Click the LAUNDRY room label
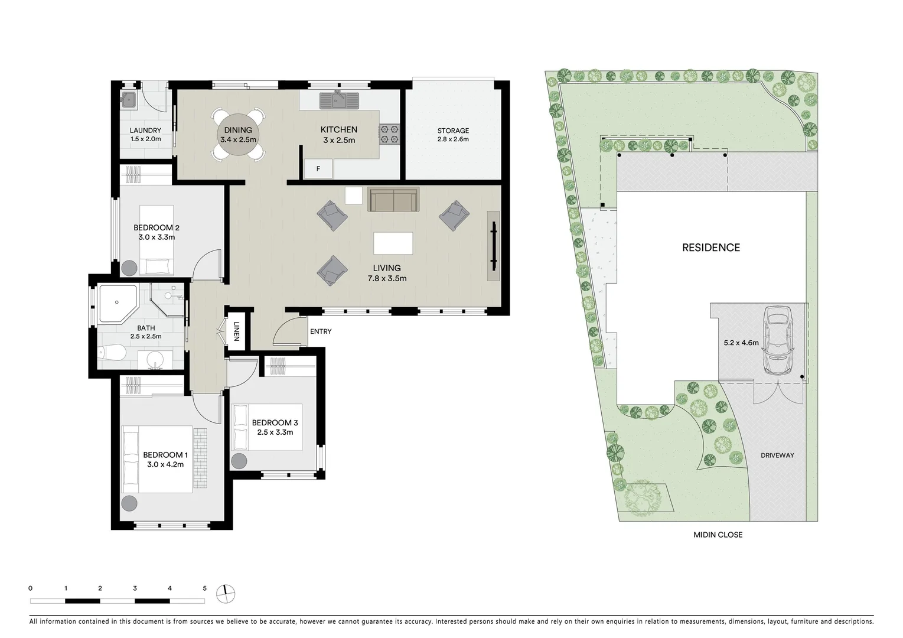coord(145,131)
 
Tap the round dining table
coord(237,135)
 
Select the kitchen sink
coord(339,100)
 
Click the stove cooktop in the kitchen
coord(390,134)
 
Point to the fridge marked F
coord(318,169)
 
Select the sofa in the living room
coord(393,200)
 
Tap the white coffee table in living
coord(393,243)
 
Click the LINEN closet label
coord(236,331)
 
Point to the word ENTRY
coord(321,331)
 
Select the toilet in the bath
coord(112,354)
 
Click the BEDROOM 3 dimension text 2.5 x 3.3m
coord(275,432)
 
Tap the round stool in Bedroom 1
coord(129,504)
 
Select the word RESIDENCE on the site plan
coord(710,248)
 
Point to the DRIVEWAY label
coord(777,455)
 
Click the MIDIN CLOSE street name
coord(718,535)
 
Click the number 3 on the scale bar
coord(135,588)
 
